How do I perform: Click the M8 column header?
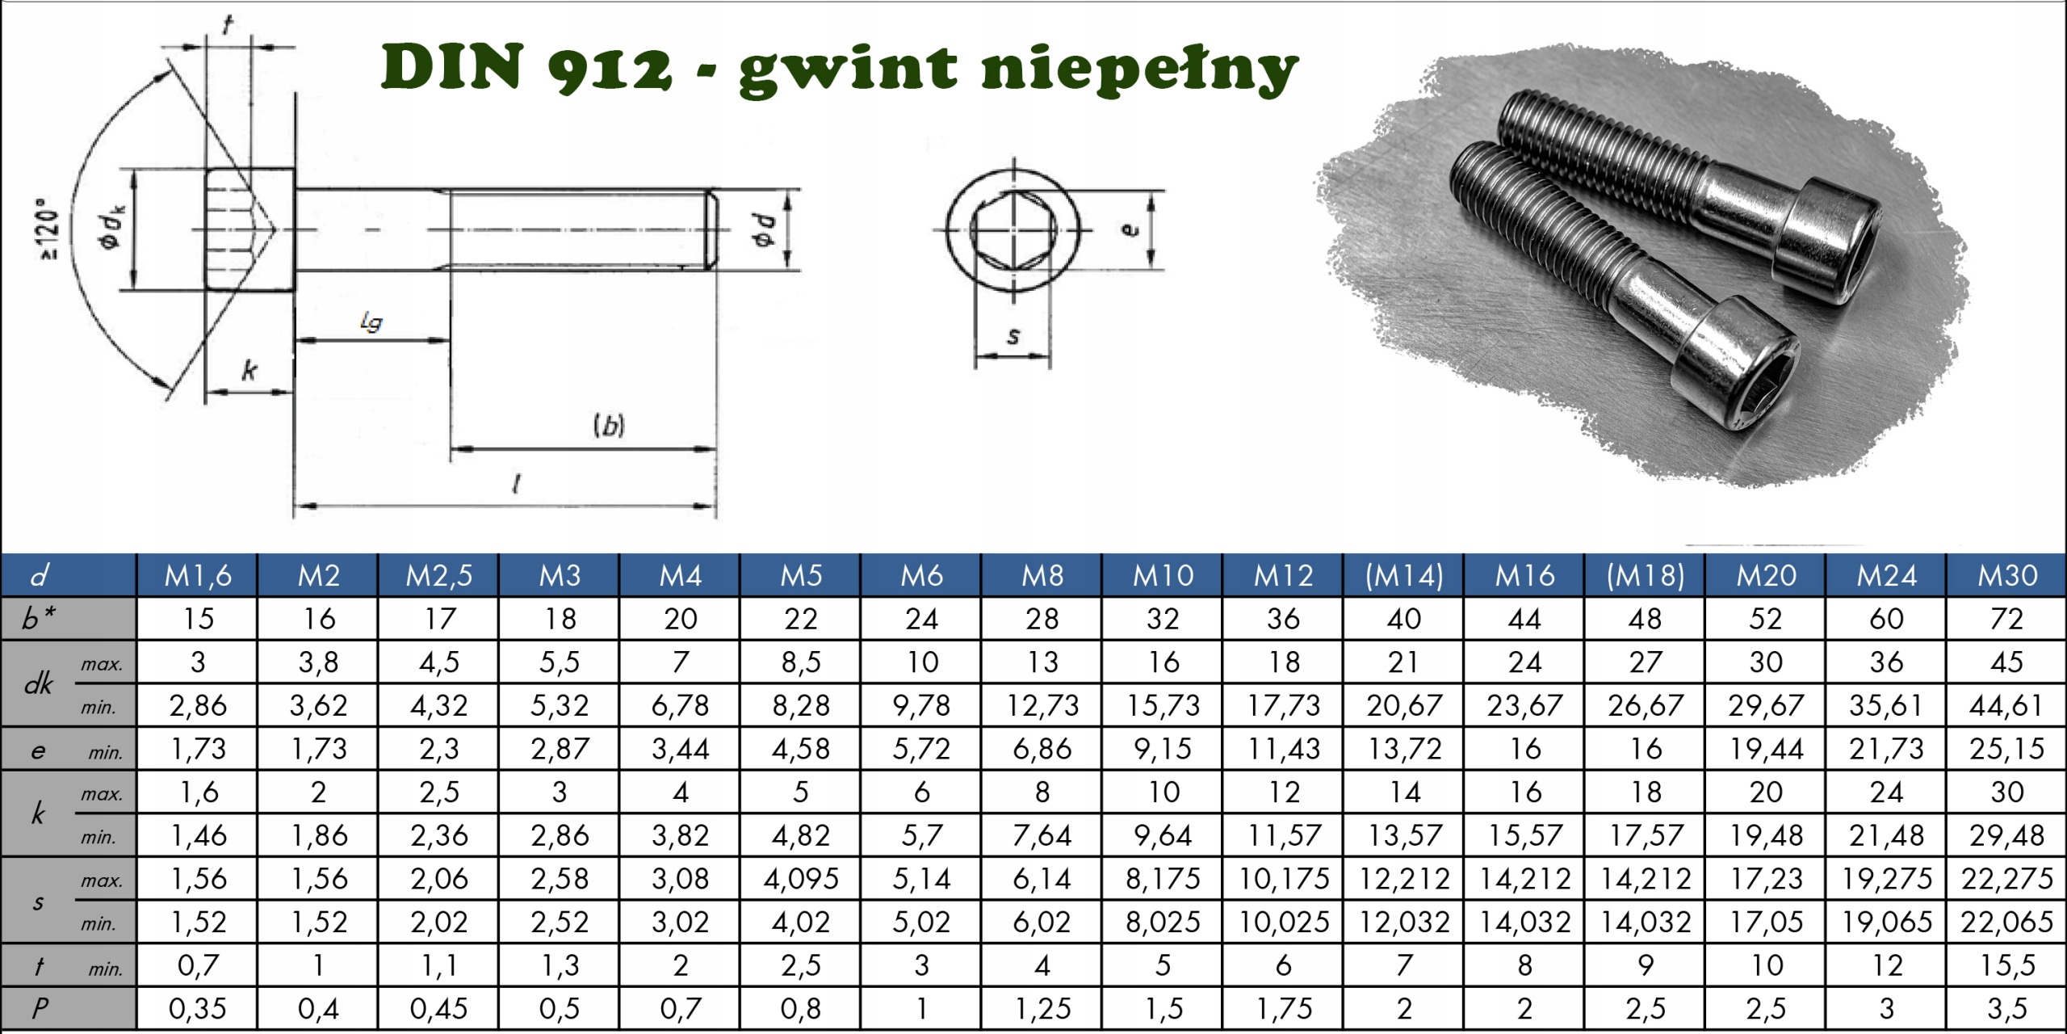[1042, 575]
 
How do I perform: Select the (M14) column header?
[1403, 575]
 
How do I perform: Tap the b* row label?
[39, 619]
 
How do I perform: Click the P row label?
[39, 1008]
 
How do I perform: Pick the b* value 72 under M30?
[2006, 619]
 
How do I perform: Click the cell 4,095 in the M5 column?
[800, 879]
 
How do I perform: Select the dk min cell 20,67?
[1403, 706]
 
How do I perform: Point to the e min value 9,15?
[1163, 749]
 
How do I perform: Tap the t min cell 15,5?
[2006, 965]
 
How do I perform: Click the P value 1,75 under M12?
[1283, 1009]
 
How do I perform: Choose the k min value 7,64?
[1042, 835]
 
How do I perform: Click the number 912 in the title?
[609, 68]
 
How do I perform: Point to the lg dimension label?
[371, 322]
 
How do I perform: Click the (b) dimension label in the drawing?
[609, 425]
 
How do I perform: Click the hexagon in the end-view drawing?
[1013, 230]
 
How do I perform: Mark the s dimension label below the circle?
[1013, 336]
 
